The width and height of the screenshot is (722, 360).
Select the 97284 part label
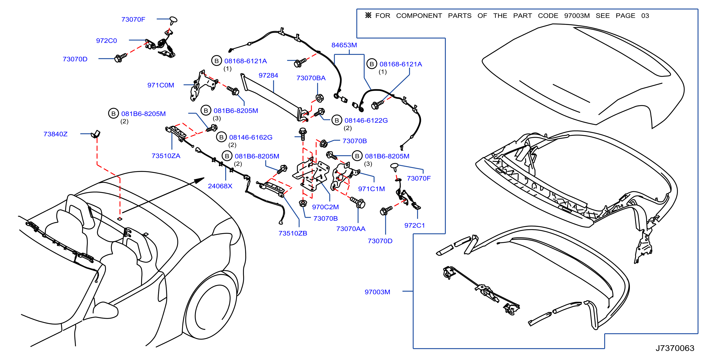click(268, 75)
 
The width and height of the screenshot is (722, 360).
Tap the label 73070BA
click(311, 78)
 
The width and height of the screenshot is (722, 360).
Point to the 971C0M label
click(160, 85)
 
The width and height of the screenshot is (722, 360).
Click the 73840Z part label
click(56, 134)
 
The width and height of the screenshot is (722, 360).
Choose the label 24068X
click(220, 186)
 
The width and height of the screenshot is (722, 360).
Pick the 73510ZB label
click(293, 233)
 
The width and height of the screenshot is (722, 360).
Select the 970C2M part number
click(325, 207)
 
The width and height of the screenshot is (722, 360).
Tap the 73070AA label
click(351, 229)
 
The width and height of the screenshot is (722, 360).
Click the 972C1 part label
click(415, 225)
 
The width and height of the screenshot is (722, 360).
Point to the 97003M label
click(377, 292)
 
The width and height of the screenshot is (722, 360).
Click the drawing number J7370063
click(675, 348)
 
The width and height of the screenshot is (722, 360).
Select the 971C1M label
click(371, 189)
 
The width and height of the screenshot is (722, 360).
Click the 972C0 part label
click(106, 41)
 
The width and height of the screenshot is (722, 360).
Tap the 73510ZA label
click(166, 156)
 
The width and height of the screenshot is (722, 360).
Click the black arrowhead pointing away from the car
click(200, 180)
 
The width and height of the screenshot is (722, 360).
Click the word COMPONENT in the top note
click(419, 16)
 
